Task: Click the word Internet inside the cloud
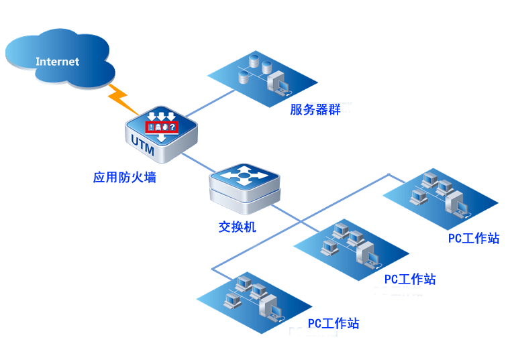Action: point(57,62)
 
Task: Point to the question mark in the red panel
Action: point(174,127)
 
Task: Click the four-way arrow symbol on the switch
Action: point(244,177)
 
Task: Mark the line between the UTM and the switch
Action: point(195,163)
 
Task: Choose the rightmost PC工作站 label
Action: point(474,238)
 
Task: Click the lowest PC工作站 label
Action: point(334,323)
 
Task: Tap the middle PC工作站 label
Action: point(410,278)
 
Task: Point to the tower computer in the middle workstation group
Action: point(368,253)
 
